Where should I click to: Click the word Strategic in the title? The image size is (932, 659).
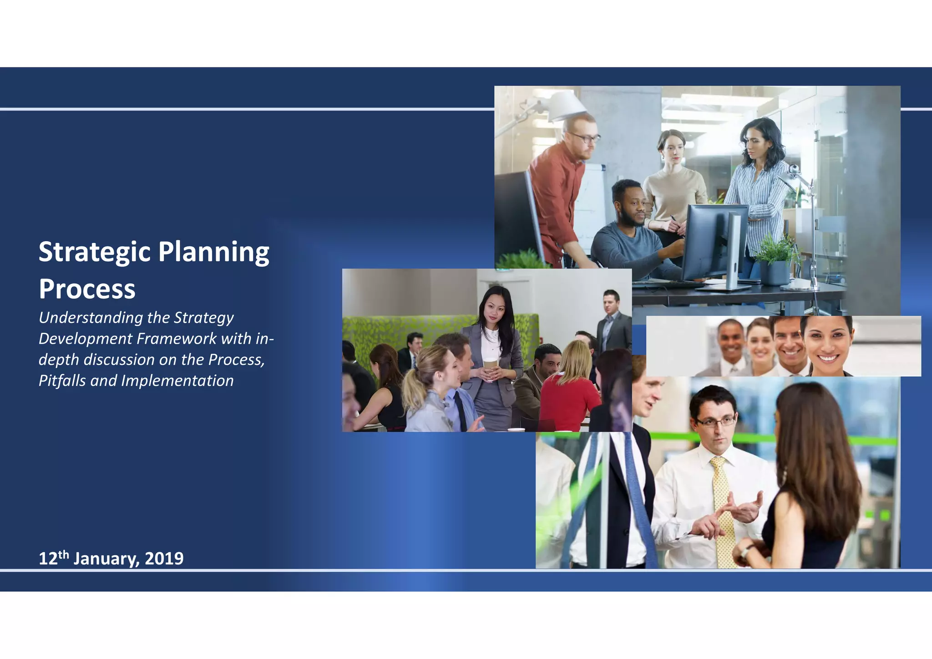[x=94, y=252]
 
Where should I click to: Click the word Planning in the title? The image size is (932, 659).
[x=214, y=252]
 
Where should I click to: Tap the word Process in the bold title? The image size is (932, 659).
[x=87, y=289]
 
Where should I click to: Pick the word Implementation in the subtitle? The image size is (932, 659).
[x=177, y=380]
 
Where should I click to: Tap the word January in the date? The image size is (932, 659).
[x=106, y=558]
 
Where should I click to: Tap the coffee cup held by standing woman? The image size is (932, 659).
[x=490, y=364]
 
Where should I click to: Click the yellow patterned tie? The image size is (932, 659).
[x=724, y=510]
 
